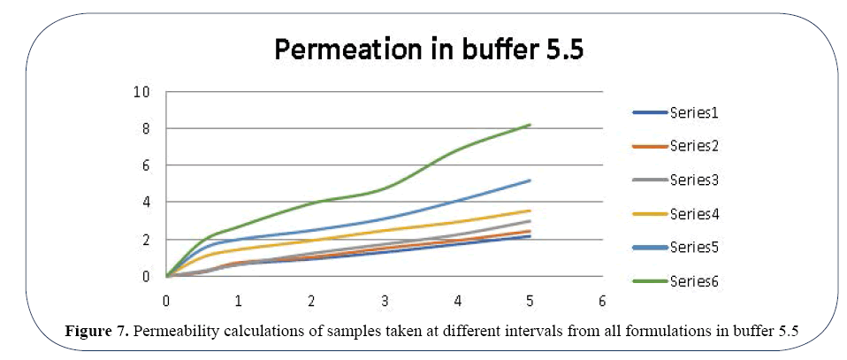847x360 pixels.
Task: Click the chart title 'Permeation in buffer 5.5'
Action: point(429,50)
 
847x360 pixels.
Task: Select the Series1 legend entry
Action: point(698,112)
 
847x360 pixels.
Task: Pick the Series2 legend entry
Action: point(698,146)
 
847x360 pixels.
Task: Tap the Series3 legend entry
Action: point(698,180)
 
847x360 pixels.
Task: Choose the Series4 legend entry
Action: point(698,213)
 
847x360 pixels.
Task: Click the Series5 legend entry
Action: point(698,247)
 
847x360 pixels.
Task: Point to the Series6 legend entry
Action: point(698,280)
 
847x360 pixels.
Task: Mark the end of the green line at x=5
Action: point(530,125)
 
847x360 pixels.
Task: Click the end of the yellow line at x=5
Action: point(530,211)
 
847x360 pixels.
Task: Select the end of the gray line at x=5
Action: point(530,221)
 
